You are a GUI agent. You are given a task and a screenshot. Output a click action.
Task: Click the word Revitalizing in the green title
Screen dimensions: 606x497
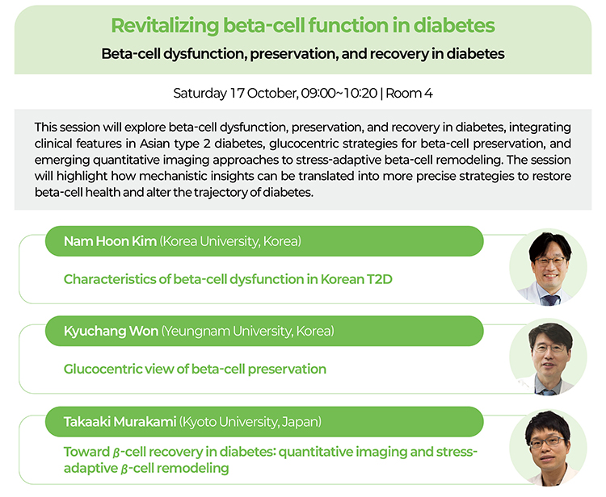coord(165,27)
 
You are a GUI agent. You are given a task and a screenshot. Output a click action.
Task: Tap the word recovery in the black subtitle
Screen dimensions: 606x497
coord(400,53)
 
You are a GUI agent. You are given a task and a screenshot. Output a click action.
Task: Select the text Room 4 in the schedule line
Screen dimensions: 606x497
coord(409,93)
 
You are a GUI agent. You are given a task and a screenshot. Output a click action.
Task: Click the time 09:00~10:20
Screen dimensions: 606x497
coord(339,93)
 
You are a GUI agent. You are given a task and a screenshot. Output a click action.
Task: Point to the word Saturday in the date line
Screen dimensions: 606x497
coord(200,94)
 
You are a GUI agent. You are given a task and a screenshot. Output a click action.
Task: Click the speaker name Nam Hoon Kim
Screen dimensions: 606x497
coord(110,241)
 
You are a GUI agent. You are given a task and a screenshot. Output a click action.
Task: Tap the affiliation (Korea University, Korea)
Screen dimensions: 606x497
coord(230,241)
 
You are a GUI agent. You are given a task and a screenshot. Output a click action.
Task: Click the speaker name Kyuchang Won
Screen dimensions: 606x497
coord(111,332)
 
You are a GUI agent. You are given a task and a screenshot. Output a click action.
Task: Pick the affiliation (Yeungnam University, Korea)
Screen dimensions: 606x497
coord(248,332)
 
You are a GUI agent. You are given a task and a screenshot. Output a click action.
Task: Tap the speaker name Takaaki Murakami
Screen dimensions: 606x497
coord(120,422)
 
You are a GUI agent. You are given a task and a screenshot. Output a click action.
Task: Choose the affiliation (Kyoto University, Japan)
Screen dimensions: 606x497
coord(250,422)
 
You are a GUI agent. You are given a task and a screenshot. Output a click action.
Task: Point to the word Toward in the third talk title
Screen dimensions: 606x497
coord(87,452)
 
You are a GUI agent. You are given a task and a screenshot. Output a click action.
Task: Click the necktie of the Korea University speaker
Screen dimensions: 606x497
coord(550,300)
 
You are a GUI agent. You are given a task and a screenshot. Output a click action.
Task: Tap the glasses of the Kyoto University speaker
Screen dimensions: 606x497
coord(548,442)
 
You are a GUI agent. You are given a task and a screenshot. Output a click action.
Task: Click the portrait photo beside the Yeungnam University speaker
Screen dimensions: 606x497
coord(548,357)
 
